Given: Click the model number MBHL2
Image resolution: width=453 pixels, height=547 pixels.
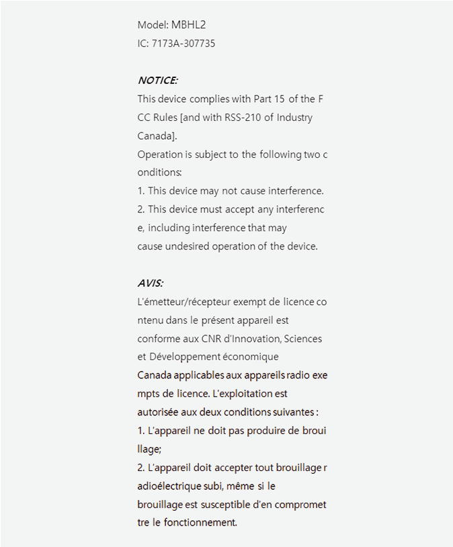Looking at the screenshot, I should (188, 25).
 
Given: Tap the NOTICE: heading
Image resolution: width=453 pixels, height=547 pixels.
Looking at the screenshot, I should (157, 81).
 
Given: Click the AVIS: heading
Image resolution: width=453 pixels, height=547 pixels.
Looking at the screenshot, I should (151, 283).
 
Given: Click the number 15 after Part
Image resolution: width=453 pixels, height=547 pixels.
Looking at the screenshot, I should (280, 99).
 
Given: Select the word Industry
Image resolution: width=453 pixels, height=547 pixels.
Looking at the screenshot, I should (294, 118).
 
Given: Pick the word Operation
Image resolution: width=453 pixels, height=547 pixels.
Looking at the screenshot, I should (160, 155).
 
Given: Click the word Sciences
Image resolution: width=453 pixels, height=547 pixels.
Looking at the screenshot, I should (308, 339).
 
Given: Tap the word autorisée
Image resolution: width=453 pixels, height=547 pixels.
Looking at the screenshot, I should (158, 411).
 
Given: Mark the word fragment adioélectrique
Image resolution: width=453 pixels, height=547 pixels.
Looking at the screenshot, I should (169, 485).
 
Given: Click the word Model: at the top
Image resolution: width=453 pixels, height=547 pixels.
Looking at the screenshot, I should (153, 25).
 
